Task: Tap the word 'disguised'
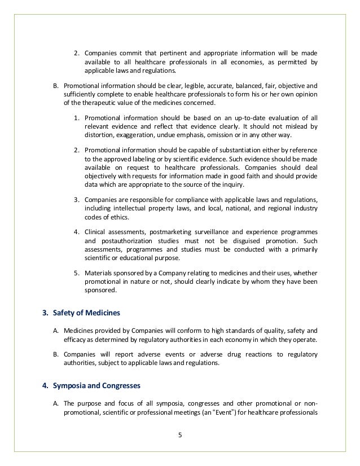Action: pos(245,241)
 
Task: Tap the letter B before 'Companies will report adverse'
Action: pos(56,353)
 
